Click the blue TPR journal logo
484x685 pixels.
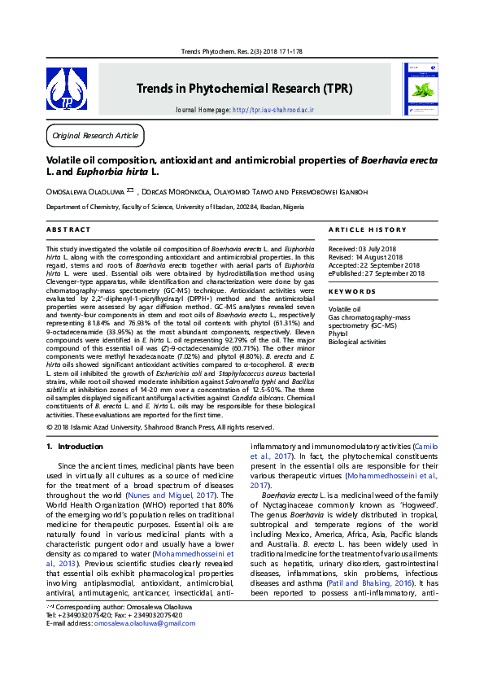click(x=67, y=89)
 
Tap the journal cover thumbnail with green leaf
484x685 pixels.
click(x=422, y=89)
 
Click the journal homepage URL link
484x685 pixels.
click(x=273, y=109)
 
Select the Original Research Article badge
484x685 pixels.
click(x=94, y=135)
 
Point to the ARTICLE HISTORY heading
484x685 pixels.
click(x=367, y=230)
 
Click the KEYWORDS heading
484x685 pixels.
click(x=352, y=291)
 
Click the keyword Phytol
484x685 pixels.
click(x=338, y=334)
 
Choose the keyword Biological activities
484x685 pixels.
click(x=357, y=342)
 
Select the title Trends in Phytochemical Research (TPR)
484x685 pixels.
click(x=244, y=87)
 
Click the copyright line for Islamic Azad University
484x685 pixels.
click(x=160, y=427)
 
